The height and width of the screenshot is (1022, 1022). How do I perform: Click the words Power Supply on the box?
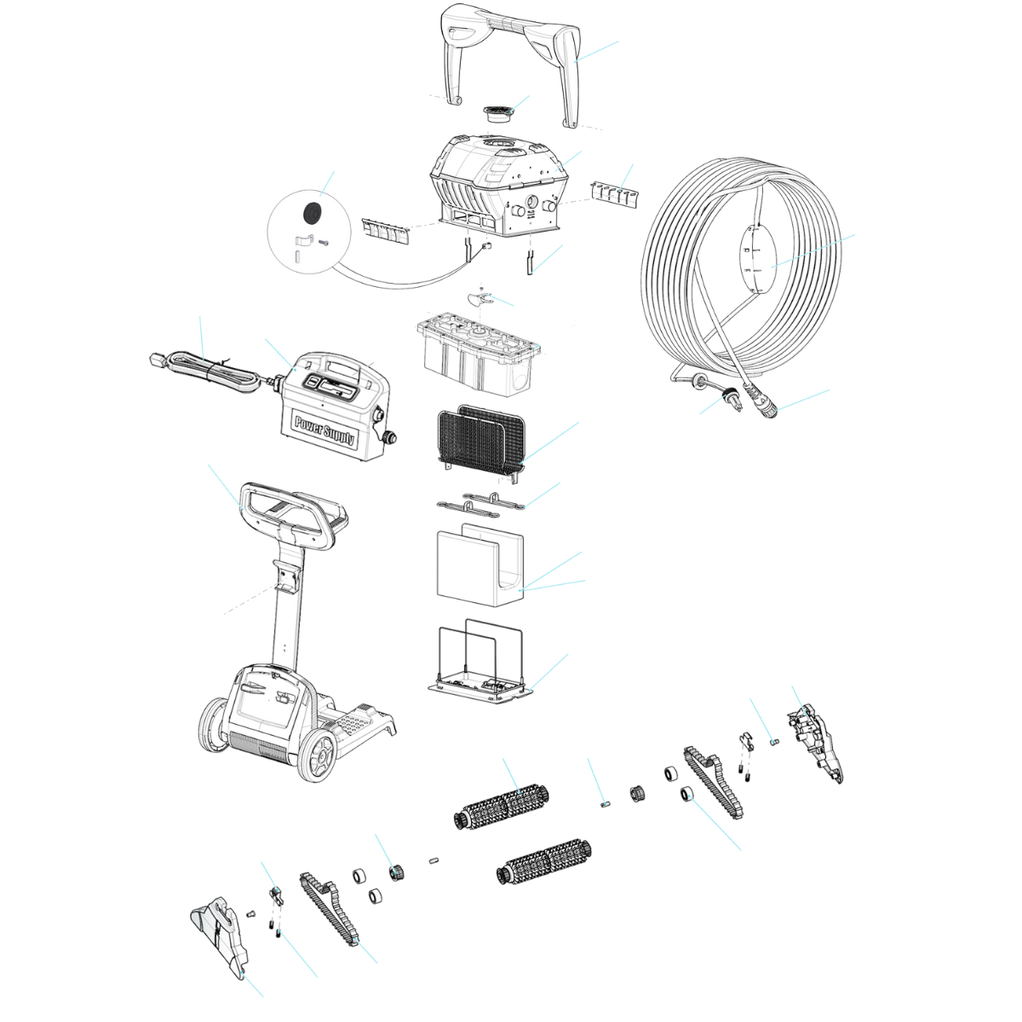(x=324, y=430)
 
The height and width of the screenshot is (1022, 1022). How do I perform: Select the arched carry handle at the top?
(x=511, y=65)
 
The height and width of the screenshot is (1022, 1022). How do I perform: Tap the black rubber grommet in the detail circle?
(x=312, y=212)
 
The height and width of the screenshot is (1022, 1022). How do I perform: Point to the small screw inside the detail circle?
(x=323, y=243)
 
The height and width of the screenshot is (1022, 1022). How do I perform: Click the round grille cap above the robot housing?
(x=498, y=113)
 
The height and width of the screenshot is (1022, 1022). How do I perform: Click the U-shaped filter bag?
(x=480, y=566)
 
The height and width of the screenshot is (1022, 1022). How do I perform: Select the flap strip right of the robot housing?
(x=615, y=195)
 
